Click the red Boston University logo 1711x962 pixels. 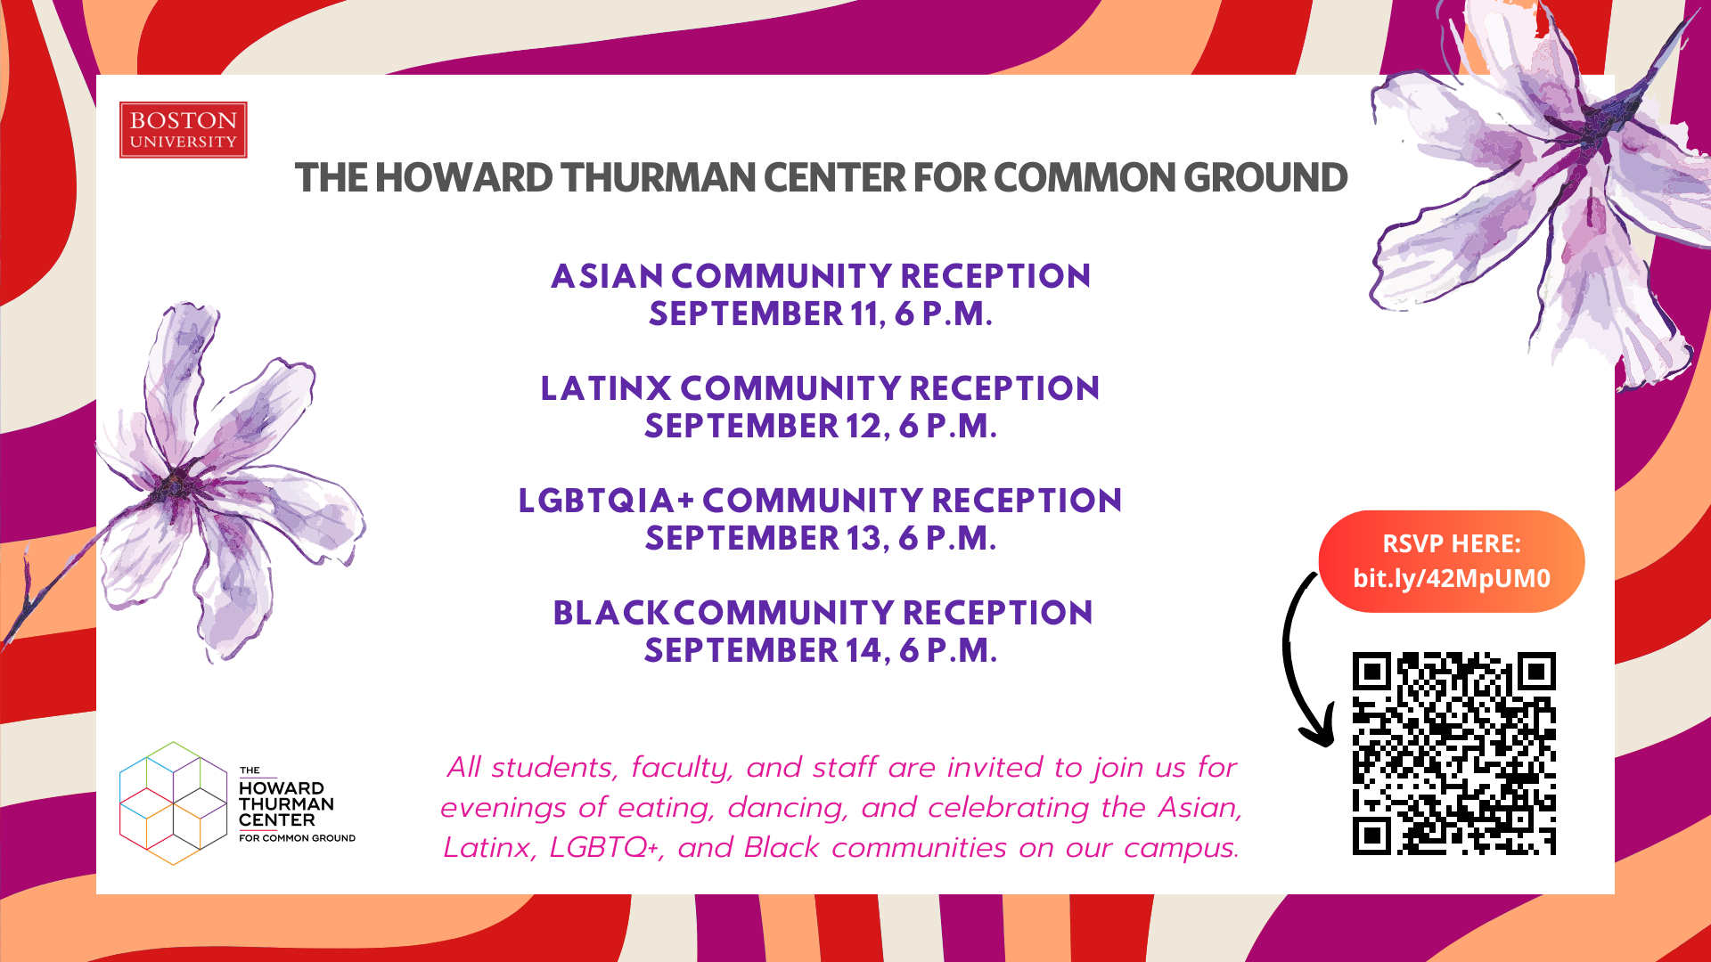coord(183,130)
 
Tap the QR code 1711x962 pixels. coord(1453,754)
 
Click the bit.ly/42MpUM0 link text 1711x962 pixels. coord(1452,579)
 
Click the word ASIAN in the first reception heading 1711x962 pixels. coord(607,276)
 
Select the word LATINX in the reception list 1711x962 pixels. coord(606,388)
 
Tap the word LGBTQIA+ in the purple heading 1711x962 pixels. coord(606,501)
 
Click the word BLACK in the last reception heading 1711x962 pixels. coord(610,613)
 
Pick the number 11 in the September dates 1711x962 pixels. coord(865,314)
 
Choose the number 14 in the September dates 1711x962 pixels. coord(864,650)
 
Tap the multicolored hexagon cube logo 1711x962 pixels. coord(173,803)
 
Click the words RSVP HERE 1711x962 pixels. coord(1452,543)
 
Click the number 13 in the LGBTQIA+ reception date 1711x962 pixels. coord(864,538)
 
